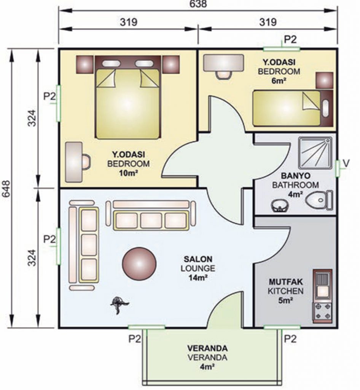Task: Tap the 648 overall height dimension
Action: (6, 188)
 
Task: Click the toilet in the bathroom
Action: (320, 200)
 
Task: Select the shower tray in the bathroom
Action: (315, 153)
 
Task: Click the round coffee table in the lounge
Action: (139, 263)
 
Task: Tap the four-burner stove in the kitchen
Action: (322, 312)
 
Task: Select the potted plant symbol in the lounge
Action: (119, 305)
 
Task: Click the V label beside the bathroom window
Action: (346, 163)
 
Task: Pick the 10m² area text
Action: (129, 173)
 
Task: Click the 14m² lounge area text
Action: (198, 277)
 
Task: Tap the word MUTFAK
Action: (286, 282)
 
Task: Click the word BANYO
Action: (296, 176)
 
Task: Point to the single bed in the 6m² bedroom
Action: (293, 108)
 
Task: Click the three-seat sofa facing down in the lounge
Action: (151, 215)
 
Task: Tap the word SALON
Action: (198, 259)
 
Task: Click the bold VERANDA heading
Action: (207, 348)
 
